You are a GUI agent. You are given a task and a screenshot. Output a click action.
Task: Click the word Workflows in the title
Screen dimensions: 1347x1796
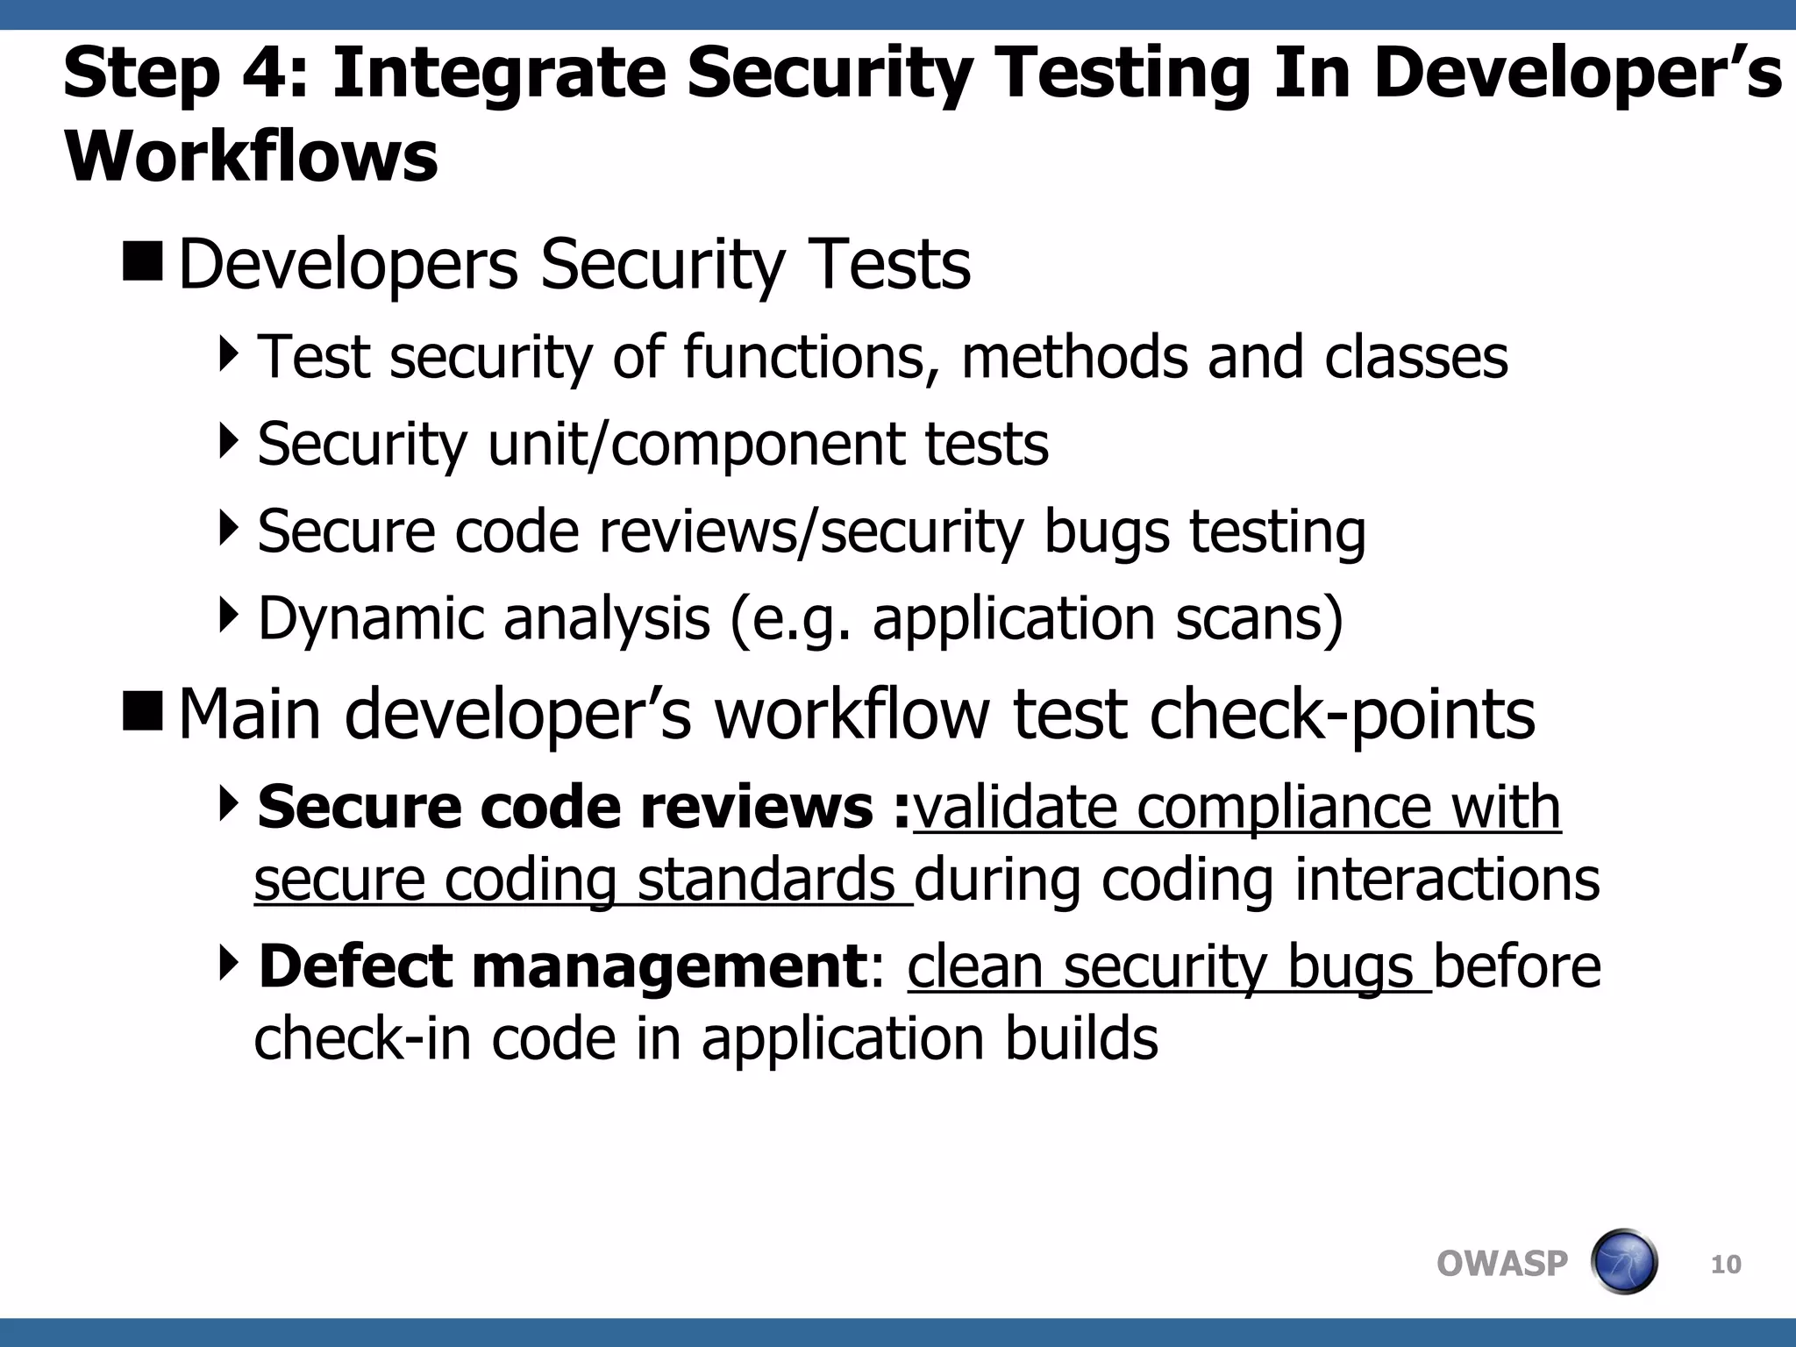[x=251, y=157]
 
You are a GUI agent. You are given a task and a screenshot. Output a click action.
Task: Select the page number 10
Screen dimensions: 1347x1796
[x=1726, y=1265]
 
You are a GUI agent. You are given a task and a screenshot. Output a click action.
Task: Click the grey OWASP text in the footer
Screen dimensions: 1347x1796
[x=1501, y=1264]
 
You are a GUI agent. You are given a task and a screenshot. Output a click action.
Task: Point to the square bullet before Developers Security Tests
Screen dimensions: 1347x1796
[x=143, y=262]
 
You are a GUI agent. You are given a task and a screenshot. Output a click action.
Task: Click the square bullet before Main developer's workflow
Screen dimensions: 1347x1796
[x=143, y=711]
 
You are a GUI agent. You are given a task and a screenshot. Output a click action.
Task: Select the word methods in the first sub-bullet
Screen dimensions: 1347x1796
[x=1074, y=357]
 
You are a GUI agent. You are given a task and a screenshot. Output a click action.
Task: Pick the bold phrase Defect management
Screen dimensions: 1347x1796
[x=562, y=966]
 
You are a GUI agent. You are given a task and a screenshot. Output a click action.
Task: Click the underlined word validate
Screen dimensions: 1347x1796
[x=1016, y=807]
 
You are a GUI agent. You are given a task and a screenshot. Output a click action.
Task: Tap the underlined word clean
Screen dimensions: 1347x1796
[x=975, y=966]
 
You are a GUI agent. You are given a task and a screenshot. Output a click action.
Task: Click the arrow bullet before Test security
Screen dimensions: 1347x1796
[x=229, y=355]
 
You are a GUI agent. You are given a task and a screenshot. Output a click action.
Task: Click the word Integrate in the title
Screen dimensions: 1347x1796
[x=499, y=74]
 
